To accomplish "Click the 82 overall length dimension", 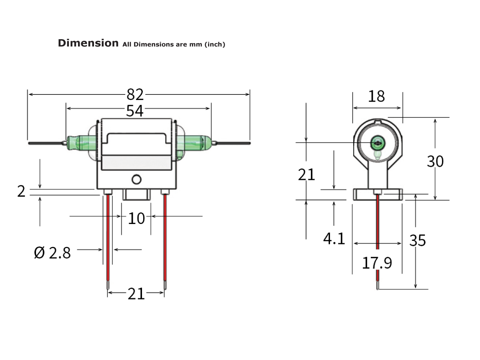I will [x=135, y=95].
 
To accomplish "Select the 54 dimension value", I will [x=135, y=111].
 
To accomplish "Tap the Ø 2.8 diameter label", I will [x=52, y=253].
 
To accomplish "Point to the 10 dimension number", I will [x=136, y=218].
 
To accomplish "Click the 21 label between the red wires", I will [x=136, y=294].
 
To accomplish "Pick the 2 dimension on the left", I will [x=21, y=192].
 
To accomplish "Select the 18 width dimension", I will [x=376, y=96].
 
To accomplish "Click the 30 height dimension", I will [x=435, y=161].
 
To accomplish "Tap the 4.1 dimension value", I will [x=334, y=239].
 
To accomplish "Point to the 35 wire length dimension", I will [x=418, y=240].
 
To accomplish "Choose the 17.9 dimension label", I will [x=377, y=263].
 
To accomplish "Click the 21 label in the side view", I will [x=306, y=174].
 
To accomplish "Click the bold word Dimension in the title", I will [x=88, y=43].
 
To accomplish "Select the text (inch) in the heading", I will [x=215, y=44].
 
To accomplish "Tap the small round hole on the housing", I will [x=136, y=179].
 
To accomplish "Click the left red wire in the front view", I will [x=108, y=240].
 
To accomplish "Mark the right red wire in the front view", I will [x=164, y=240].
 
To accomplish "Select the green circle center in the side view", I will [x=377, y=142].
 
